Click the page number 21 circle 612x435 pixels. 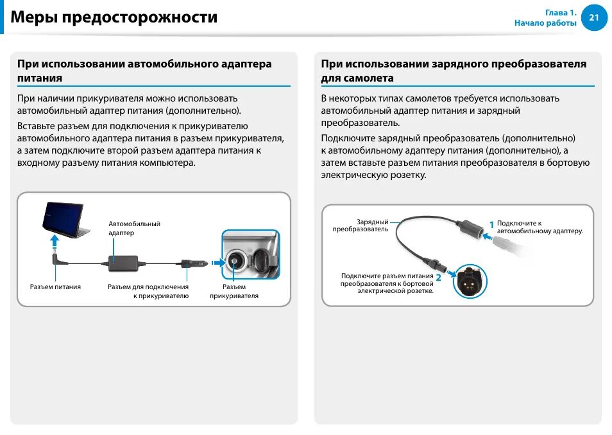(593, 17)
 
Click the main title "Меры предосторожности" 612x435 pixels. (114, 17)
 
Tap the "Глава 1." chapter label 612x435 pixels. (561, 12)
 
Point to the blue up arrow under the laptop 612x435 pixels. (55, 242)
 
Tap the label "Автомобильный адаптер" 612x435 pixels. (134, 228)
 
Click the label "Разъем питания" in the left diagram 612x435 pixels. (55, 287)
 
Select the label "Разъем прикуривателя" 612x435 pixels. (234, 291)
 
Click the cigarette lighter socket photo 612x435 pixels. (250, 254)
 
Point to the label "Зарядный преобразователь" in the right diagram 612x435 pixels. (361, 225)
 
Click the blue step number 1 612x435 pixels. (491, 225)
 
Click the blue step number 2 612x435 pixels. (438, 278)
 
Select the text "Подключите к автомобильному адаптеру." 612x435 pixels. (540, 227)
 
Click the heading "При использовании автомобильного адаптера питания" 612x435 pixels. (144, 71)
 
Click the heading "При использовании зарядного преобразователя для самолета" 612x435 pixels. (454, 71)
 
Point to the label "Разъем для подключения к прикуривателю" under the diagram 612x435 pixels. (148, 291)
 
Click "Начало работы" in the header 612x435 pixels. (545, 23)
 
